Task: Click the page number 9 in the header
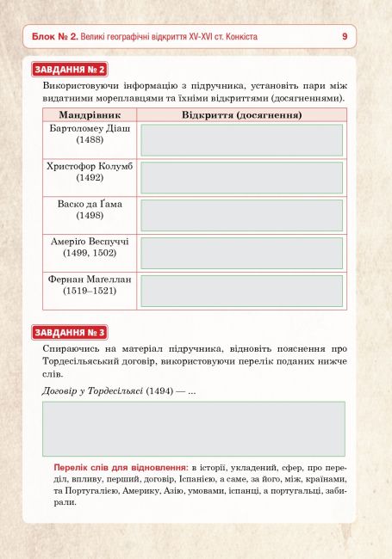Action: coord(345,36)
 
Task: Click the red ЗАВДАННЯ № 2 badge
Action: coord(70,69)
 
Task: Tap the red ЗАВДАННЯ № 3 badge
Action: coord(70,331)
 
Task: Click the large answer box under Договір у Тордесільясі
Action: coord(194,428)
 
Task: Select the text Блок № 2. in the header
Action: coord(55,37)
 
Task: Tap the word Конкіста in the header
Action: coord(239,37)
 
